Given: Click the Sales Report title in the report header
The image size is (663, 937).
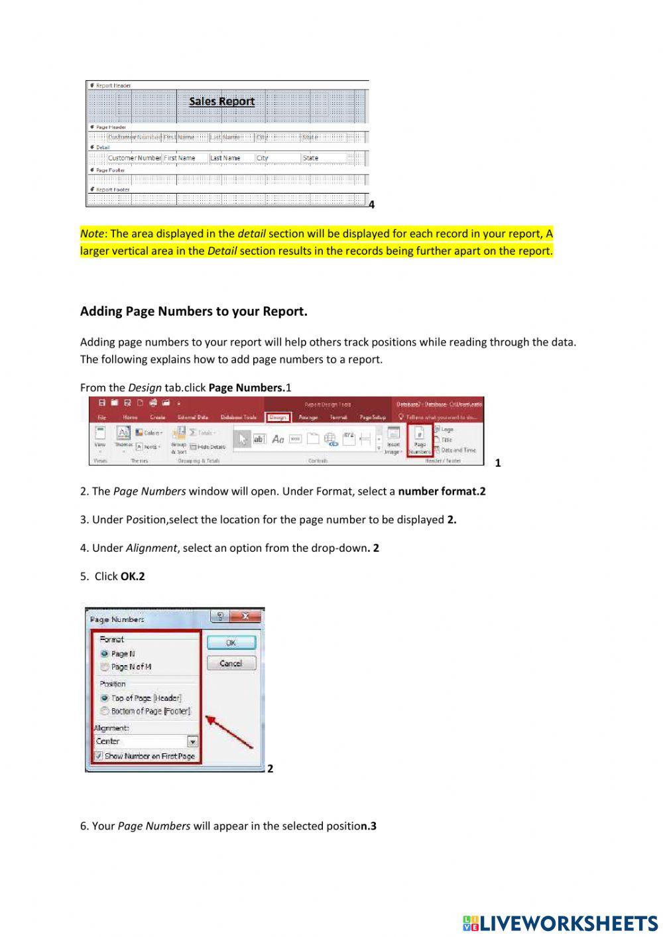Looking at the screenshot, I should pos(221,101).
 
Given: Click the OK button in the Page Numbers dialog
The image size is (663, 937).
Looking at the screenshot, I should pos(231,643).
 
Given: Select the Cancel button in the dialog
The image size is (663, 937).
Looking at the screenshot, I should pos(231,663).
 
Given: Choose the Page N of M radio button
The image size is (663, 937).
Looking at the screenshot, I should pos(105,667).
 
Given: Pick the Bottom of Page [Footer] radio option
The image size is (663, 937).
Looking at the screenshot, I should pos(105,711).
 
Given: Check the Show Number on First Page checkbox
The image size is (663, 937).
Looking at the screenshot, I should pos(99,756).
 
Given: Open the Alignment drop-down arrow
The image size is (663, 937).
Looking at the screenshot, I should pos(192,741).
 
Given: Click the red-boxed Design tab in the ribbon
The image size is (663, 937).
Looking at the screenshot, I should pos(278,418).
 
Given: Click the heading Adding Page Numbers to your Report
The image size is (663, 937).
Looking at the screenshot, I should pos(194,312).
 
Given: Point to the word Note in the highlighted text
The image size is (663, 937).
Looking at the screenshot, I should pos(92,233).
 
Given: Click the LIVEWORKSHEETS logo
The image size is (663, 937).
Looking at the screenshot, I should pos(560,923).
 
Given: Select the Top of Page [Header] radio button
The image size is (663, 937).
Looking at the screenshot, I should pos(105,698).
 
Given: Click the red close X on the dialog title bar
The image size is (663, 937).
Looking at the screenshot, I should pos(245,617).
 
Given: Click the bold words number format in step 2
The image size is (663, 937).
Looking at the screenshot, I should pos(438,491).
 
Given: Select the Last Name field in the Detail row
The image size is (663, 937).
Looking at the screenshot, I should pos(231,158).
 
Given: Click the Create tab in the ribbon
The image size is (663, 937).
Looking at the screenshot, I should pos(158,418).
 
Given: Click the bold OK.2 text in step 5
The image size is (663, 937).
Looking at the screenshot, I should pos(133,576).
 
